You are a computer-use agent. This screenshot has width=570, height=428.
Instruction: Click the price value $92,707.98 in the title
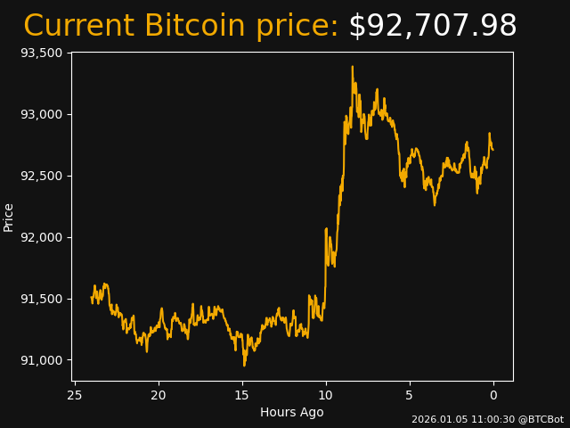[432, 27]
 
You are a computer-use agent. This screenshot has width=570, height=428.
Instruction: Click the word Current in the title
[78, 27]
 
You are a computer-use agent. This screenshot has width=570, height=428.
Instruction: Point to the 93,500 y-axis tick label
[41, 53]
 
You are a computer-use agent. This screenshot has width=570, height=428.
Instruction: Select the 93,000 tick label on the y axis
[41, 114]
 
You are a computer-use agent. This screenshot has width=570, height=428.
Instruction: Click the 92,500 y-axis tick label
[41, 176]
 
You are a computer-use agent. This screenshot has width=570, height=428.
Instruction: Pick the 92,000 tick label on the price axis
[41, 237]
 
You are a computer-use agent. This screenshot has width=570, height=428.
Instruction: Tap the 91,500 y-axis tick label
[41, 299]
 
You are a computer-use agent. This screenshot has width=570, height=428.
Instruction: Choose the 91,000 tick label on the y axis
[41, 360]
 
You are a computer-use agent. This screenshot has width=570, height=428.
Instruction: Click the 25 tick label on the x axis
[75, 395]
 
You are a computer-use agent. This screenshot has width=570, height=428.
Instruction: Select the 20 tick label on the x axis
[159, 395]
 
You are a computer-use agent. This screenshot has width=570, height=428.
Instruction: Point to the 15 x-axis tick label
[242, 395]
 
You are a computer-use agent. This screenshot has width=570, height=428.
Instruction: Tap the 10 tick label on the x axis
[326, 395]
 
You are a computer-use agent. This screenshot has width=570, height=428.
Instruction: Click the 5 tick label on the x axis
[410, 395]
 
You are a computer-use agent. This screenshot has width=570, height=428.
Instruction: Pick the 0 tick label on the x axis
[493, 395]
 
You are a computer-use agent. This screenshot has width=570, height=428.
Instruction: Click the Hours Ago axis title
[291, 412]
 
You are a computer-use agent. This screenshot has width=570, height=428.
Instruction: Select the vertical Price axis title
[9, 217]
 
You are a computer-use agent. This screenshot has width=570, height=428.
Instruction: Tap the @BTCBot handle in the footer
[537, 419]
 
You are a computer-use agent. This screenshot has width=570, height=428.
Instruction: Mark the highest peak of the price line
[352, 66]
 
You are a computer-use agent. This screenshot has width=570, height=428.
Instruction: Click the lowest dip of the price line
[244, 366]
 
